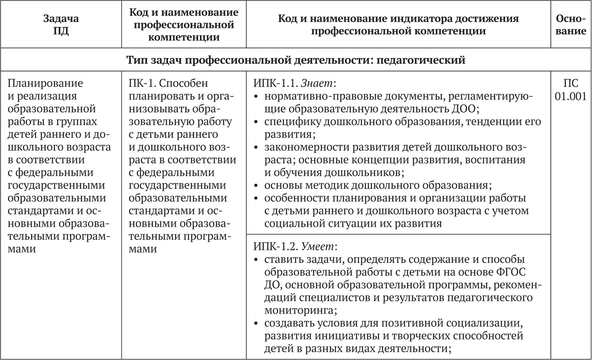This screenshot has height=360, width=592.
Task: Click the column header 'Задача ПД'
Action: tap(61, 25)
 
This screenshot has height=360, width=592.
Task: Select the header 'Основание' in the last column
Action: tap(571, 25)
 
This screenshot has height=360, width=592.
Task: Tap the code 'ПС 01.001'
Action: tap(571, 90)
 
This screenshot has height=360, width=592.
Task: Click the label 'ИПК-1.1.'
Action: tap(276, 83)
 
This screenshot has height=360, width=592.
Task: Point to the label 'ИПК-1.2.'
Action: tap(276, 246)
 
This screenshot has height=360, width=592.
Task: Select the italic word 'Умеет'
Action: tap(319, 246)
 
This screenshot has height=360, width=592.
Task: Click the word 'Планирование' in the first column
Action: tap(45, 83)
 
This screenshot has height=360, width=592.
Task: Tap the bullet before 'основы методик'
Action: tap(256, 186)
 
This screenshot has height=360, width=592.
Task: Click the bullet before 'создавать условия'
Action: tap(256, 323)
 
